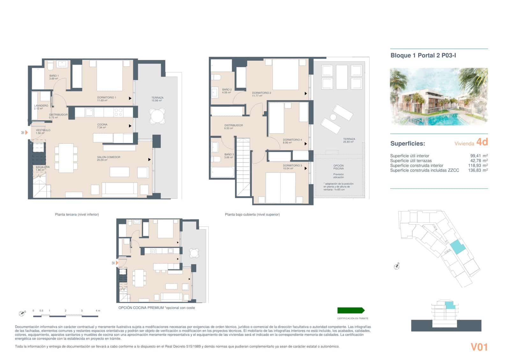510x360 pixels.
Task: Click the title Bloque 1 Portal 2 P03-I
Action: (x=423, y=55)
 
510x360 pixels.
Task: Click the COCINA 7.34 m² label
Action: (x=102, y=126)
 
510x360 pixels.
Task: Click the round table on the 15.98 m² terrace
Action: (x=157, y=116)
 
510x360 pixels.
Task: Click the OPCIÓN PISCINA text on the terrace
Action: (x=338, y=167)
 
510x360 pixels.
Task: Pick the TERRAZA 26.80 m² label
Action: (x=349, y=140)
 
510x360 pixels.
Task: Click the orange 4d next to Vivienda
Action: (x=482, y=142)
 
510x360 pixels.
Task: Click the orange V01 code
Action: (x=479, y=347)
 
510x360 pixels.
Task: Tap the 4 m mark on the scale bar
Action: (x=98, y=311)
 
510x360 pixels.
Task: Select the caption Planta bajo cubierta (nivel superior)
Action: (x=252, y=214)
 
